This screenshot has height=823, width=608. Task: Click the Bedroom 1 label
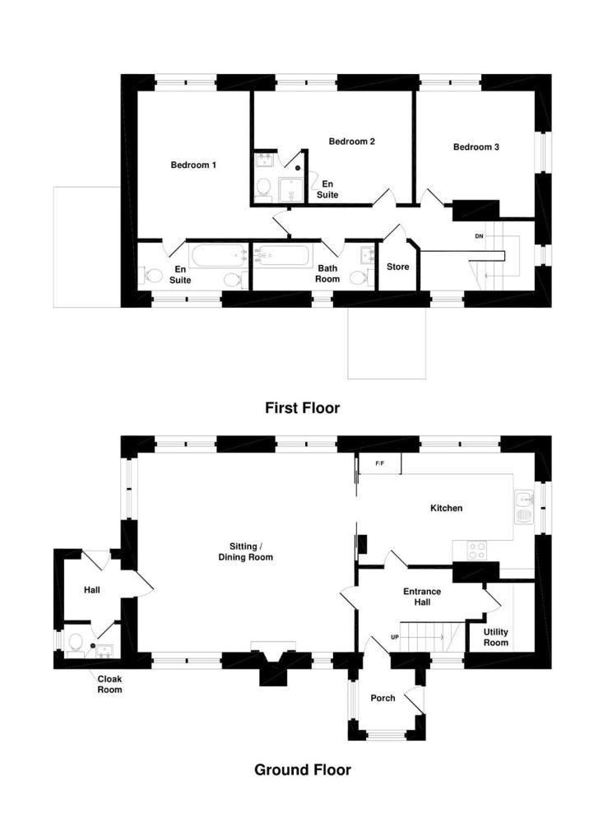pyautogui.click(x=193, y=165)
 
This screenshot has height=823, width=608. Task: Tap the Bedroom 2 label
pyautogui.click(x=351, y=142)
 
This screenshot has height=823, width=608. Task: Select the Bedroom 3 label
pyautogui.click(x=476, y=147)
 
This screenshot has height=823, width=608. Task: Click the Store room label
pyautogui.click(x=397, y=267)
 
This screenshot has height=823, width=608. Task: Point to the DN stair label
pyautogui.click(x=479, y=237)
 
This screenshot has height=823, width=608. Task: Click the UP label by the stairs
pyautogui.click(x=395, y=637)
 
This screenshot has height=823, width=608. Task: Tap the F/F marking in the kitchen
pyautogui.click(x=380, y=463)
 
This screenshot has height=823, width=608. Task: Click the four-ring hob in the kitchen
pyautogui.click(x=477, y=551)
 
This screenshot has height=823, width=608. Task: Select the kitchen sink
pyautogui.click(x=524, y=508)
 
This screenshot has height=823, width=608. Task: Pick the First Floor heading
pyautogui.click(x=302, y=408)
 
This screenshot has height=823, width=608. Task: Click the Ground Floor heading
pyautogui.click(x=303, y=770)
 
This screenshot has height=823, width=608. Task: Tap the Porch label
pyautogui.click(x=383, y=698)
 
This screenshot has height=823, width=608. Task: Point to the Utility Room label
pyautogui.click(x=496, y=637)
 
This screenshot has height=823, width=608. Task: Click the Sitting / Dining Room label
pyautogui.click(x=245, y=551)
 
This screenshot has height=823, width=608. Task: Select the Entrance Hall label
pyautogui.click(x=422, y=597)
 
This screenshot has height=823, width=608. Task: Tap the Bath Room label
pyautogui.click(x=327, y=273)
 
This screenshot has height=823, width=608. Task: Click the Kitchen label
pyautogui.click(x=446, y=508)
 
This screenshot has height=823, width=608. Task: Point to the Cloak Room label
pyautogui.click(x=109, y=685)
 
